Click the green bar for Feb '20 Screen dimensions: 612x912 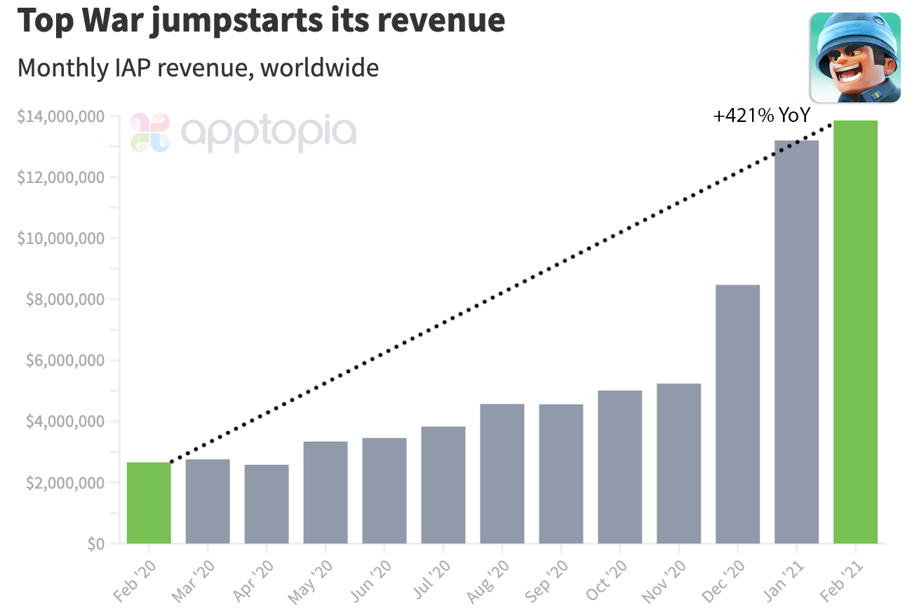[x=149, y=503]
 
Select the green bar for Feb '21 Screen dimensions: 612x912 [x=855, y=332]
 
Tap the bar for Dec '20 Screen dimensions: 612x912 [x=737, y=414]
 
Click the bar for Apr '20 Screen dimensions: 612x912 [x=267, y=504]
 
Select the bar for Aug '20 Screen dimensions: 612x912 [x=502, y=473]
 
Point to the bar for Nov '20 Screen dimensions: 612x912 [x=679, y=463]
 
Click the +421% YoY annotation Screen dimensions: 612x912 [x=761, y=116]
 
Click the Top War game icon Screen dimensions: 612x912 [x=855, y=57]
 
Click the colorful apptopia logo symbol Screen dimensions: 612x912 [x=150, y=132]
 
